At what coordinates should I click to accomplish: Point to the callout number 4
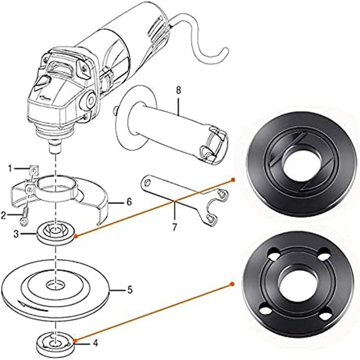tap(95, 342)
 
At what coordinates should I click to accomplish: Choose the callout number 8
tap(178, 90)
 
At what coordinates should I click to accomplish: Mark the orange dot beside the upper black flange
tap(232, 179)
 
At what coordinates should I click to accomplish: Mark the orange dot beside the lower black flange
tap(232, 284)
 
